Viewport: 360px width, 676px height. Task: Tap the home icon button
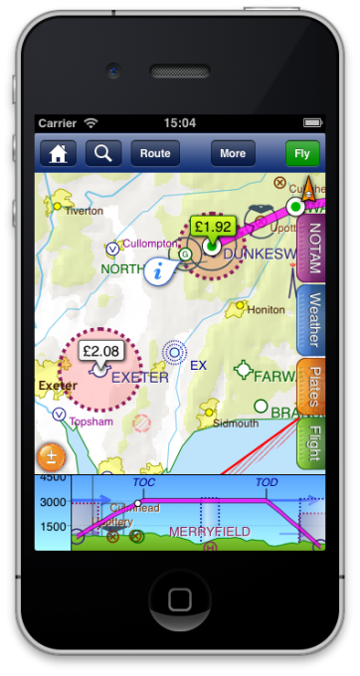pyautogui.click(x=59, y=153)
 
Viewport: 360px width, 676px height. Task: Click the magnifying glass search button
pyautogui.click(x=103, y=153)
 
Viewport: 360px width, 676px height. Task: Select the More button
pyautogui.click(x=233, y=153)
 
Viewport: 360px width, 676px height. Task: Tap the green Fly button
pyautogui.click(x=303, y=153)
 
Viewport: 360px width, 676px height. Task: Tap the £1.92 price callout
pyautogui.click(x=213, y=226)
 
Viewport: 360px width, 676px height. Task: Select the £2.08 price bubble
pyautogui.click(x=100, y=351)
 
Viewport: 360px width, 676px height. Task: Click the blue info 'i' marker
pyautogui.click(x=157, y=270)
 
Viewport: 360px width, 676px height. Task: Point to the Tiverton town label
pyautogui.click(x=84, y=211)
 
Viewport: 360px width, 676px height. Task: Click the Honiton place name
pyautogui.click(x=266, y=309)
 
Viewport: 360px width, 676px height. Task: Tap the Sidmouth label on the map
pyautogui.click(x=235, y=422)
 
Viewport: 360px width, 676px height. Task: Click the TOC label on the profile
pyautogui.click(x=144, y=482)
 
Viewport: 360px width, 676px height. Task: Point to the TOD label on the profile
pyautogui.click(x=267, y=482)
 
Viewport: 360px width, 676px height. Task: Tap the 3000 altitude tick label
pyautogui.click(x=53, y=502)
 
